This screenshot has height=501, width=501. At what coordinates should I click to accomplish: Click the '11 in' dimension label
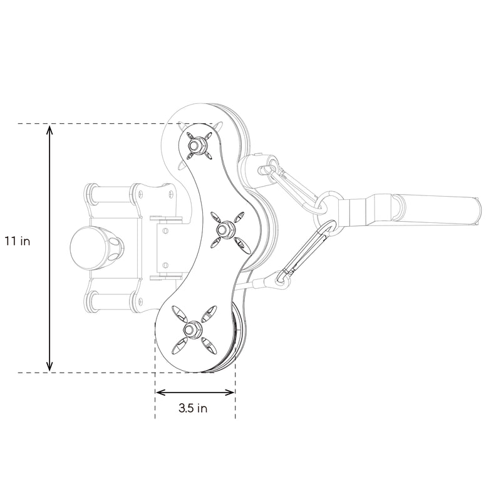tap(17, 240)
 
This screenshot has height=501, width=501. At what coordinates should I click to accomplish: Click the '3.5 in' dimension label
tap(193, 408)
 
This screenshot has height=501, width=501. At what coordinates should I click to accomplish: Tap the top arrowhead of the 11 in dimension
tap(51, 130)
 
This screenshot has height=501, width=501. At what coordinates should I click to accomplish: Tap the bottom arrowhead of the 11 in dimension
tap(51, 366)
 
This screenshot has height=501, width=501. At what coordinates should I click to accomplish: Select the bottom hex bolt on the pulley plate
tap(190, 329)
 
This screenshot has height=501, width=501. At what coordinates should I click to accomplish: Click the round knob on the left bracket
tap(88, 246)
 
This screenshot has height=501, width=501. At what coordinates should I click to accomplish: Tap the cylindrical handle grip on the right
tap(438, 210)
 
